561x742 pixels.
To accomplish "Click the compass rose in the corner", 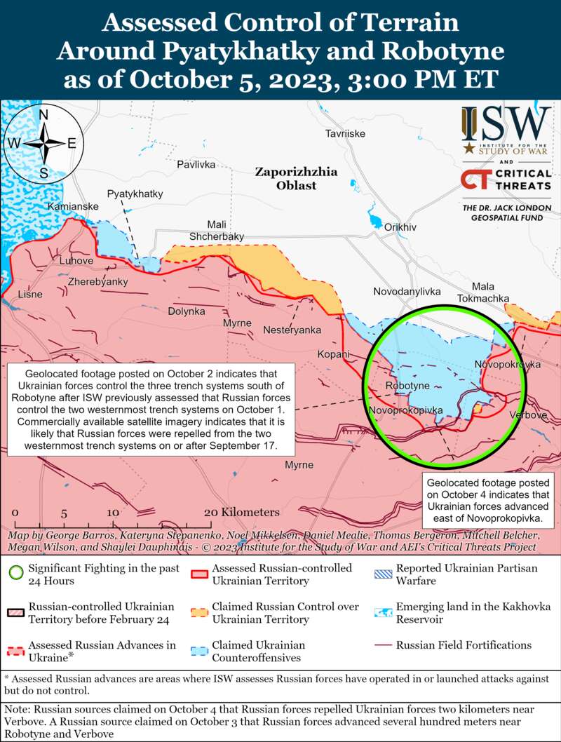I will point(43,142).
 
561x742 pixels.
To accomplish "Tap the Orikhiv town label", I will point(400,227).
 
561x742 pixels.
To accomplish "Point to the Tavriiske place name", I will point(346,133).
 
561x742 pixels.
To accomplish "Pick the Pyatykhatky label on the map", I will point(135,194).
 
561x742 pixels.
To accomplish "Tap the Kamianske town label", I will point(73,207).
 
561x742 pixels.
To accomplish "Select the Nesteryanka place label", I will point(292,330).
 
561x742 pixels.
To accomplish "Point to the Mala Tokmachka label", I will point(482,292).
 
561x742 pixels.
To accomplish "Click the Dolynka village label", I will point(187,311).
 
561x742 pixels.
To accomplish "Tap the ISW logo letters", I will point(505,124).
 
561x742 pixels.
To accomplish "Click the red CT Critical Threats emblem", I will point(475,180).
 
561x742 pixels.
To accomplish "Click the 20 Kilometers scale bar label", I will point(241,513).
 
